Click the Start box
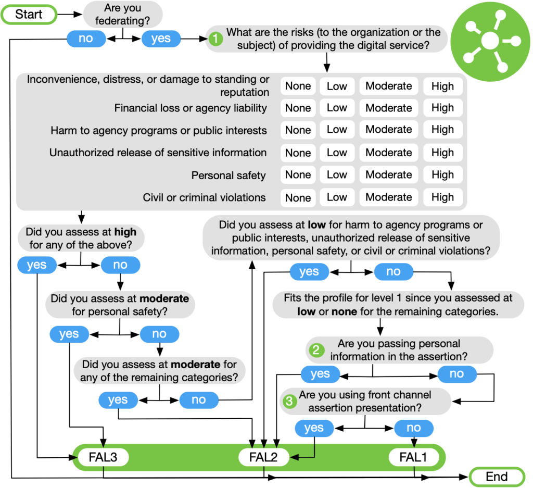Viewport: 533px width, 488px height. point(29,14)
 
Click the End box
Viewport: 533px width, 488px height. point(497,477)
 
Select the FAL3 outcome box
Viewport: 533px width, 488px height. point(103,458)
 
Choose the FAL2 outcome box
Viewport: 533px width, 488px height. point(263,458)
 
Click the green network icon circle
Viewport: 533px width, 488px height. point(488,40)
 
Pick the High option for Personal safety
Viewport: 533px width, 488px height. point(442,175)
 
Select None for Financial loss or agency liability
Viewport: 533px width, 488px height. point(298,108)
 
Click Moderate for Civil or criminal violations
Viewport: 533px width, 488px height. point(388,197)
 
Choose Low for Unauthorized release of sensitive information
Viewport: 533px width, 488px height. point(336,153)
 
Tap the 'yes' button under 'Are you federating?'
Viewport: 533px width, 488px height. point(161,39)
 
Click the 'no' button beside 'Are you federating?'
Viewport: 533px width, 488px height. point(86,39)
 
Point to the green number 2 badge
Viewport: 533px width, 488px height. point(315,350)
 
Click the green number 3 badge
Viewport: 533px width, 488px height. point(289,401)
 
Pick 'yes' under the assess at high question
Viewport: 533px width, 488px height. point(36,265)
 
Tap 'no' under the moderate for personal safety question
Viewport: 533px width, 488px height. point(159,334)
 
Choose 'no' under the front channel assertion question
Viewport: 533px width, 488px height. point(414,428)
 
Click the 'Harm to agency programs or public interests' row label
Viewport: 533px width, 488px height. point(159,130)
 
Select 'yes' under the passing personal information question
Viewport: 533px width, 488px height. point(320,374)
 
